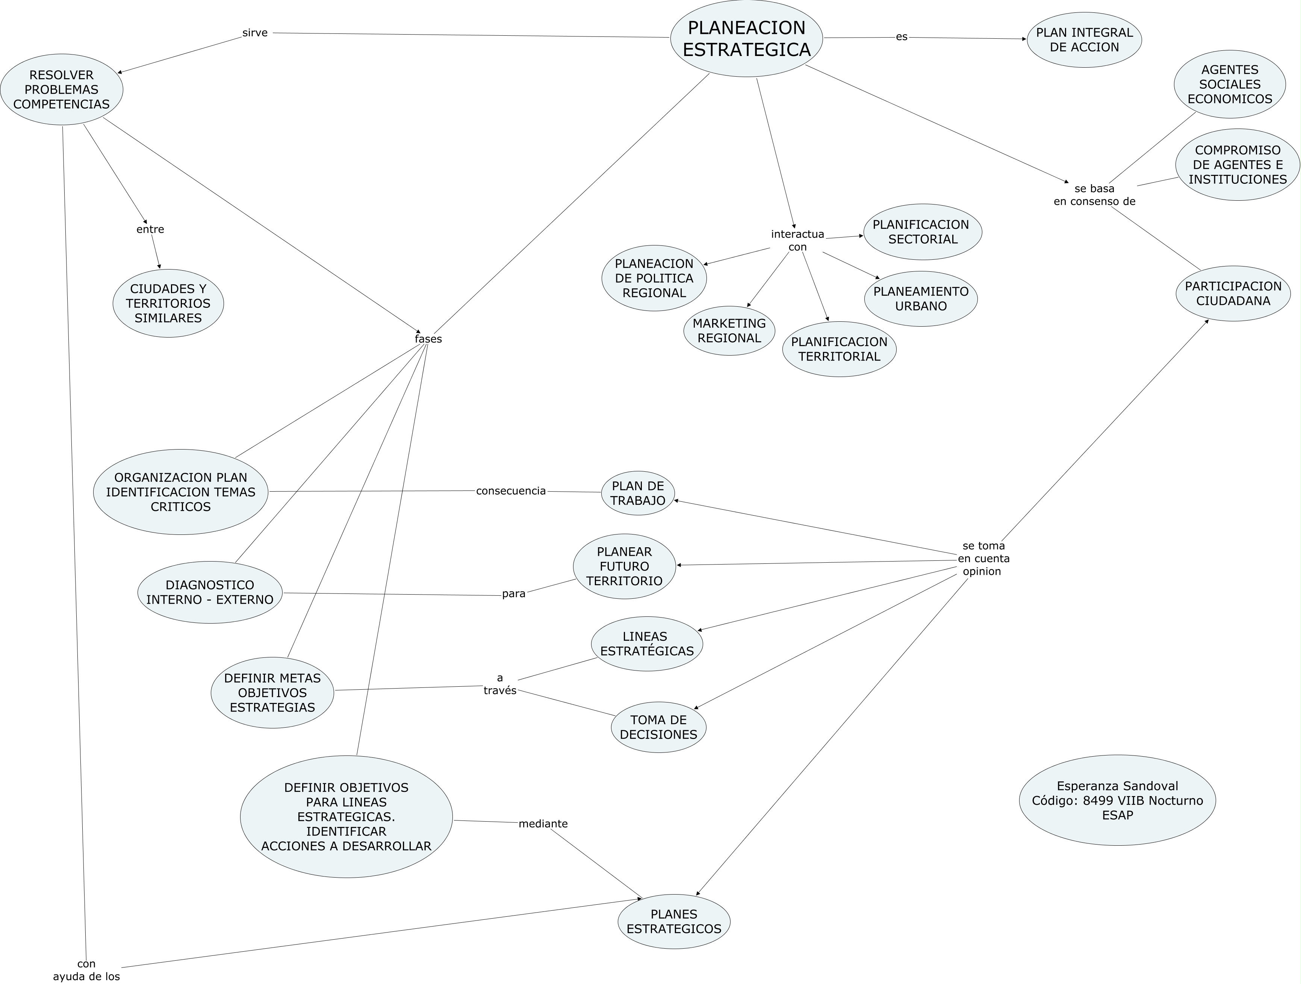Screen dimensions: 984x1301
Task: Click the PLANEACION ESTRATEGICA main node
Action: (746, 39)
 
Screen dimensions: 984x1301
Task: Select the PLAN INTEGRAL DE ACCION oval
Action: (1084, 40)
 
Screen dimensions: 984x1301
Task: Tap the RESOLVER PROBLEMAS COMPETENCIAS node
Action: (62, 89)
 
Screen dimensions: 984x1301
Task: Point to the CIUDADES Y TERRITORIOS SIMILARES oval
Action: (168, 303)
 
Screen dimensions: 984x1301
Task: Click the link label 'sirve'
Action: (255, 33)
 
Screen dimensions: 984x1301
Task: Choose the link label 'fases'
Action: (428, 339)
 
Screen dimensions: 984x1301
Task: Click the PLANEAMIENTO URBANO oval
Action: (920, 299)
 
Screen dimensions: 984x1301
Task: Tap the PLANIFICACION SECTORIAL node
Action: (922, 232)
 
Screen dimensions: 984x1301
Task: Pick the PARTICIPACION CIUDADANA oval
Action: (1233, 294)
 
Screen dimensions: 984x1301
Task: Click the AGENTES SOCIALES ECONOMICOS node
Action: (1229, 84)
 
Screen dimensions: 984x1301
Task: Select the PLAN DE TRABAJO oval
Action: (638, 494)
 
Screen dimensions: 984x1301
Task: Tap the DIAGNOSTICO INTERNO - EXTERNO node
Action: (210, 592)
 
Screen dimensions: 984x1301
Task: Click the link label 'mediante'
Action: (543, 824)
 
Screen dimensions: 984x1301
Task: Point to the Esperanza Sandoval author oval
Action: (1117, 801)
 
